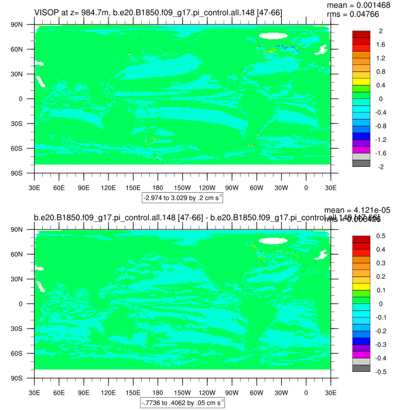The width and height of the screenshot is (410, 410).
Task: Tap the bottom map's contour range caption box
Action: [182, 403]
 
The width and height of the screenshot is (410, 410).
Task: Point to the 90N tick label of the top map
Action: [23, 25]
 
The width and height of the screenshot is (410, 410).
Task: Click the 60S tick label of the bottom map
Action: [23, 354]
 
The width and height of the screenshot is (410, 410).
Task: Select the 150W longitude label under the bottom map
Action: [182, 393]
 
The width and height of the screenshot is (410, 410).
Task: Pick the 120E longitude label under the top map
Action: [108, 188]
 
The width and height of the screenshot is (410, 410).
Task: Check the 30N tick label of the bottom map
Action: [23, 279]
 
